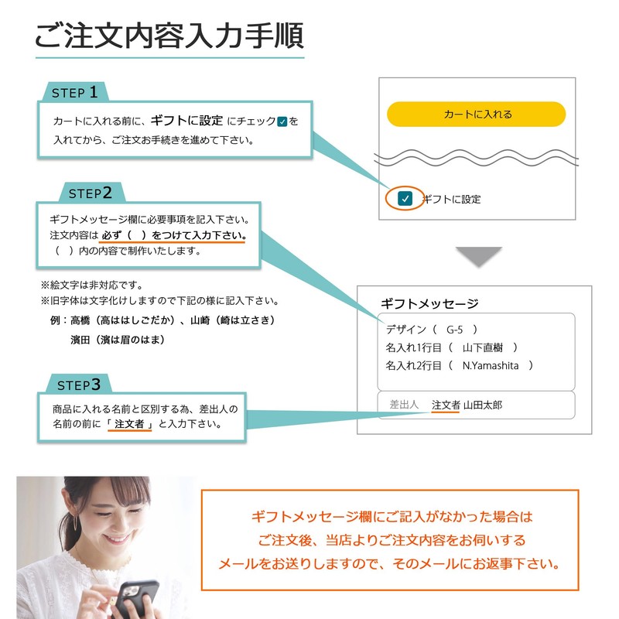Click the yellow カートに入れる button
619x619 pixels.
[x=477, y=115]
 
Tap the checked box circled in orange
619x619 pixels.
[x=405, y=199]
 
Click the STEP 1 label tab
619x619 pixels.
[x=75, y=93]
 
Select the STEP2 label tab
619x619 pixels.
[x=91, y=193]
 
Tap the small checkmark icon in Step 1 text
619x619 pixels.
[x=282, y=121]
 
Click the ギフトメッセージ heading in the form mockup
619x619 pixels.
[x=429, y=304]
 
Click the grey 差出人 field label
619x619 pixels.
[x=404, y=405]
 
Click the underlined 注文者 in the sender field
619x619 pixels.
[x=446, y=405]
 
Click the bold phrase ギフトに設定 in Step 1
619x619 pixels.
[x=186, y=121]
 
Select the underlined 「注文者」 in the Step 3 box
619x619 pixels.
[x=132, y=424]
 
